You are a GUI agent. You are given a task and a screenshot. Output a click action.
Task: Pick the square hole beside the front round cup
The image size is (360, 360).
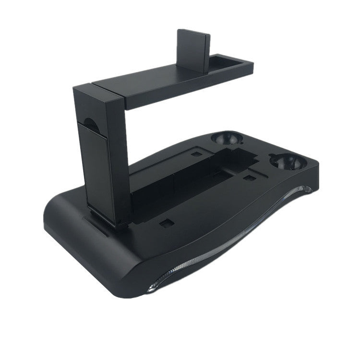click(x=249, y=178)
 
